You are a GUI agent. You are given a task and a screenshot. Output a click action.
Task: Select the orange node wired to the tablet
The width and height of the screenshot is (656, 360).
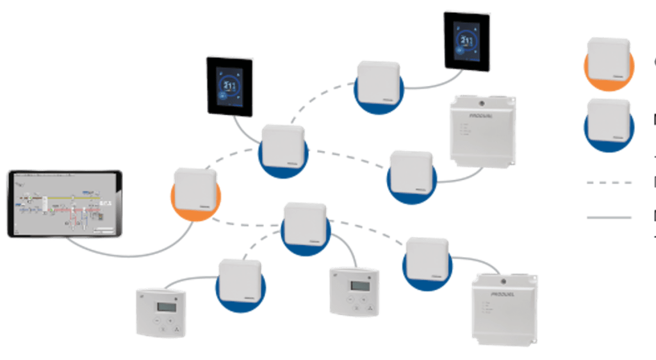pos(196,192)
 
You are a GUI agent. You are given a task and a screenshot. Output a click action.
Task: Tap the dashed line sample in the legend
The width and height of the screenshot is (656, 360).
pos(609,182)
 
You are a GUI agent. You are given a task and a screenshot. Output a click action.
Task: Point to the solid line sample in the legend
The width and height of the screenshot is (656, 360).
pos(609,218)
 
